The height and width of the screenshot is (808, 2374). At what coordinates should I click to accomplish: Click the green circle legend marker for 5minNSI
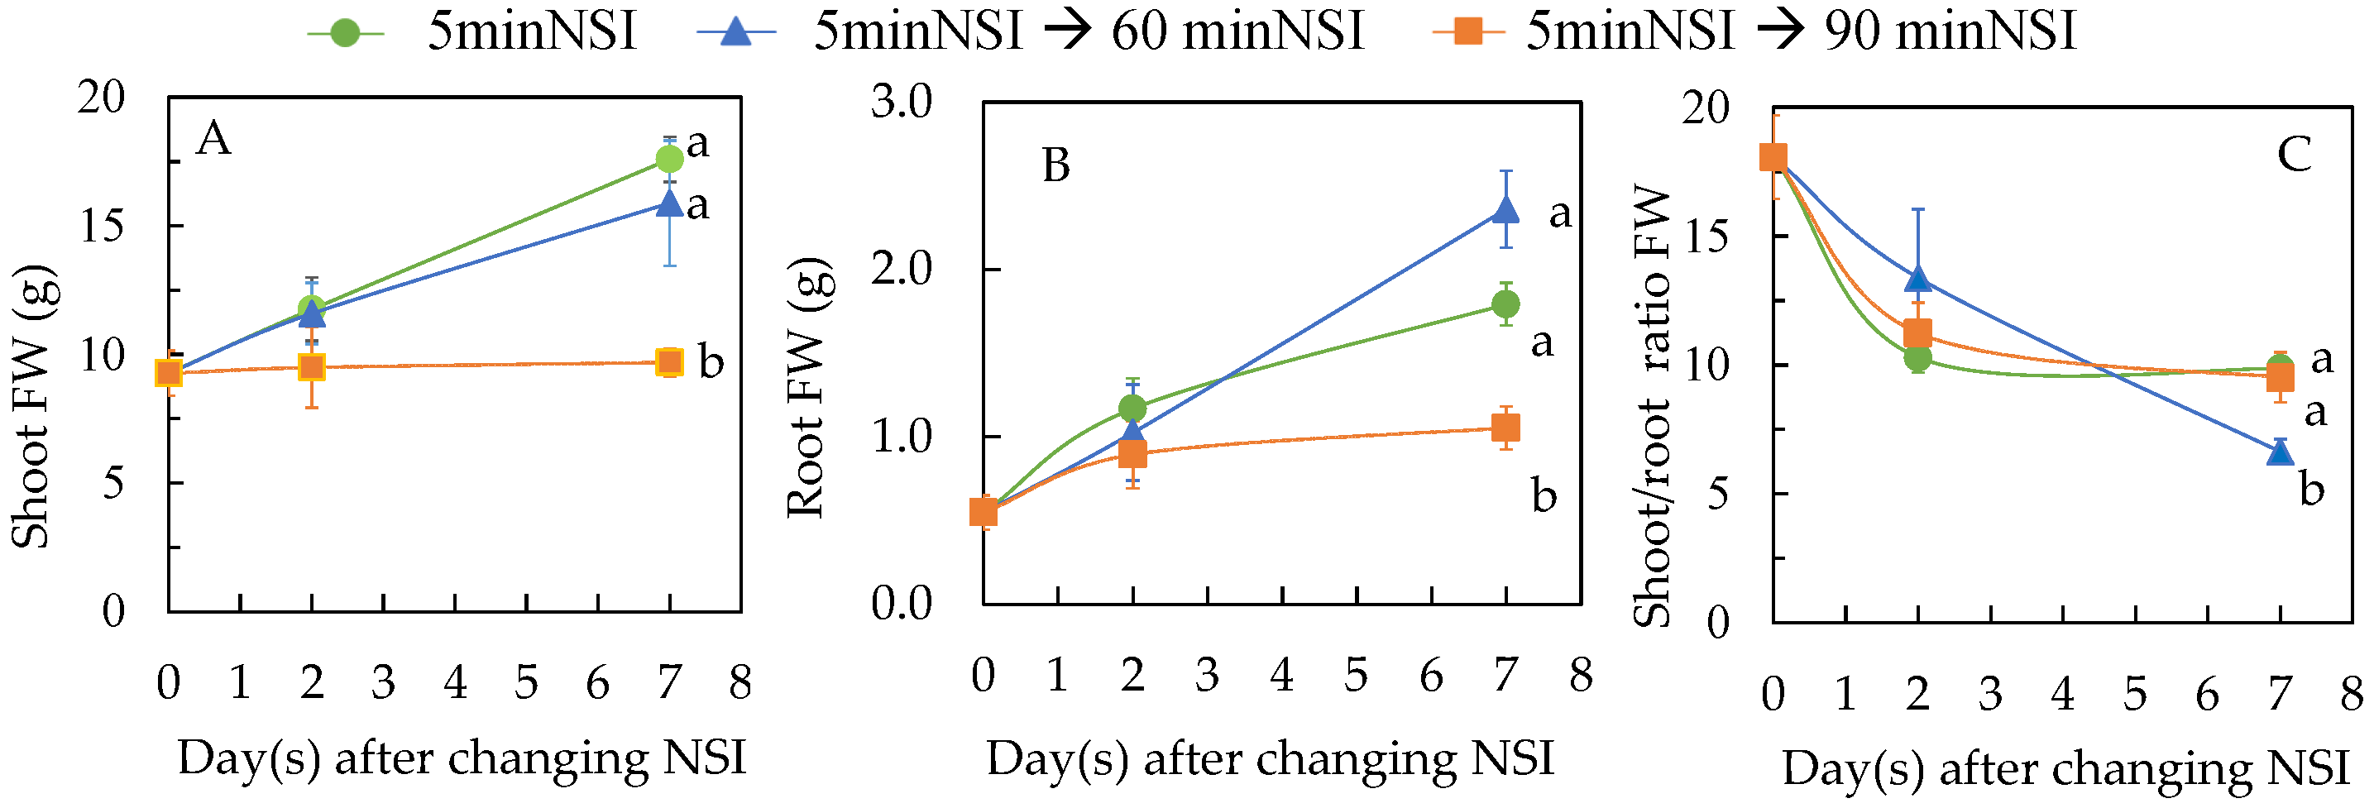click(345, 34)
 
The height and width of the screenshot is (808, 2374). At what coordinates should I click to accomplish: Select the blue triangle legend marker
click(735, 32)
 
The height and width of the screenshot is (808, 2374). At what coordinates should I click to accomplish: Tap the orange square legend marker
click(1468, 32)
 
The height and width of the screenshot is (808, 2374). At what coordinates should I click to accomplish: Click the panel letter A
click(213, 139)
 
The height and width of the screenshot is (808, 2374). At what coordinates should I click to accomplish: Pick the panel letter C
click(2294, 154)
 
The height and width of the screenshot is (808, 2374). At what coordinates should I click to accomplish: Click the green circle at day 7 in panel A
click(669, 159)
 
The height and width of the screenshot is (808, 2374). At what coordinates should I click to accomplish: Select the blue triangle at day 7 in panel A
click(670, 203)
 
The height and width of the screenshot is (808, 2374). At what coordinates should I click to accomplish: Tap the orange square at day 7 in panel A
click(670, 362)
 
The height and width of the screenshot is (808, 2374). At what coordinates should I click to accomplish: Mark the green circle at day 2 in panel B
click(1132, 409)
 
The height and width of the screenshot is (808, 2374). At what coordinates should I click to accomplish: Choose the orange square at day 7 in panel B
click(1505, 428)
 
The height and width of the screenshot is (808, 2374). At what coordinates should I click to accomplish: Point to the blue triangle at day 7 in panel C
click(2279, 452)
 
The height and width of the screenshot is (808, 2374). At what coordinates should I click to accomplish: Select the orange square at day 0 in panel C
click(1774, 157)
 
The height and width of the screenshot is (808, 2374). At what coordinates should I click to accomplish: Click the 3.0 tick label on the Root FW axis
click(902, 102)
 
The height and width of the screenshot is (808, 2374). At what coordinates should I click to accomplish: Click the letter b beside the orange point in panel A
click(710, 361)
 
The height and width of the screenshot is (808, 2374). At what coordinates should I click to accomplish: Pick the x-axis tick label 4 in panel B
click(1281, 676)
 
